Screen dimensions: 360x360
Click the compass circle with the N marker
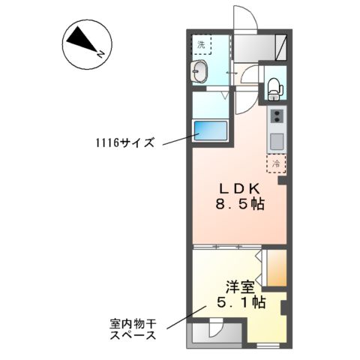(82, 43)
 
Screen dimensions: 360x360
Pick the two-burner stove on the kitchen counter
(277, 116)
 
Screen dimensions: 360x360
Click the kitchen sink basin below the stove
(276, 140)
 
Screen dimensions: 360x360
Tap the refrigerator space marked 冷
(275, 162)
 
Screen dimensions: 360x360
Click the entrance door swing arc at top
(244, 19)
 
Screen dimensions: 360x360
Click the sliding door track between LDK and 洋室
(225, 246)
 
